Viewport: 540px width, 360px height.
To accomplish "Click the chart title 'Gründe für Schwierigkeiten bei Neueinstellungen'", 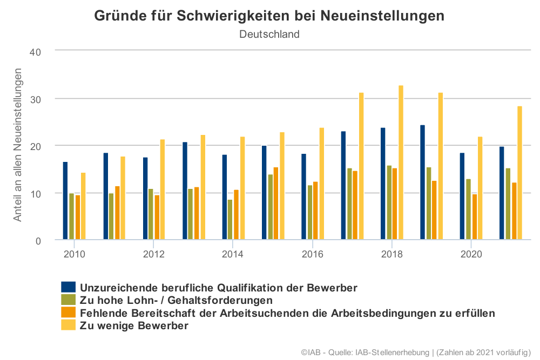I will [x=269, y=16].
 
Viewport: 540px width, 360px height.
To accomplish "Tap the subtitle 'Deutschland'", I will [x=269, y=34].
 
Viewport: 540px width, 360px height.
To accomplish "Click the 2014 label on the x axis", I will [x=233, y=254].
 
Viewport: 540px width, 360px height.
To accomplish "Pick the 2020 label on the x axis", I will [x=471, y=254].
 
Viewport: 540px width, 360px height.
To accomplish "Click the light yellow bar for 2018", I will [x=401, y=162].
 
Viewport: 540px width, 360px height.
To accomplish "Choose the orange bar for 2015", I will [x=275, y=203].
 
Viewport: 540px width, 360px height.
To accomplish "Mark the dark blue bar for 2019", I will [x=422, y=182].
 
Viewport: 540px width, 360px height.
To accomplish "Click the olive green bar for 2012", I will [x=151, y=214].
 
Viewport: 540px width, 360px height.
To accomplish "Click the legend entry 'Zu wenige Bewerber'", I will [x=134, y=326].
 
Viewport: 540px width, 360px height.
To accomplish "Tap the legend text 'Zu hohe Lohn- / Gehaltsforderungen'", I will [x=176, y=300].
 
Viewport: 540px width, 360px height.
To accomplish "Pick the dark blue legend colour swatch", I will [x=68, y=287].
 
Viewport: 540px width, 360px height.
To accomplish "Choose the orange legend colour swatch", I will [x=68, y=313].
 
